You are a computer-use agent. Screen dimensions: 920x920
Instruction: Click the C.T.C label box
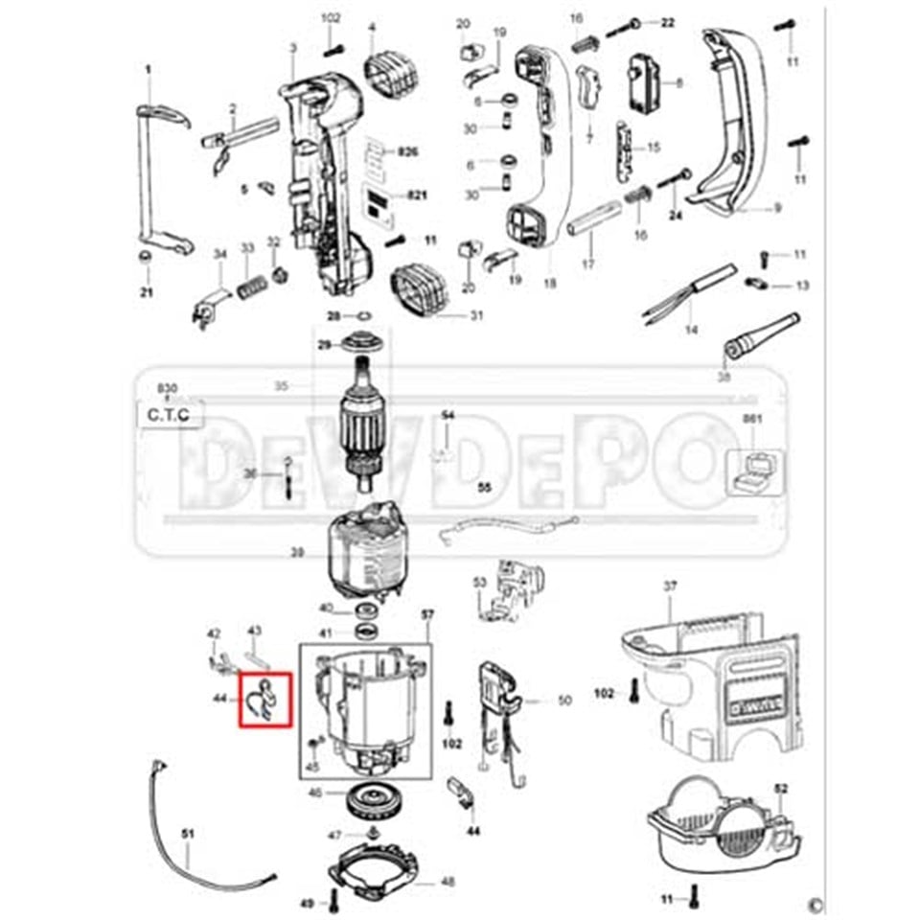tap(169, 415)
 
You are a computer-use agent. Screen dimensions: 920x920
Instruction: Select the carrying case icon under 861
tap(755, 471)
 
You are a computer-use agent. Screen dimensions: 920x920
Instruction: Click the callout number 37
tap(670, 586)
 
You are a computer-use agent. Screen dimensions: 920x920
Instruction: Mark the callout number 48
tap(448, 882)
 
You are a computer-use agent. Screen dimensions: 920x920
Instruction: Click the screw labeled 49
tap(332, 900)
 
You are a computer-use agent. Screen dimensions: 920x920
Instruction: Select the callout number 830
tap(168, 387)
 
